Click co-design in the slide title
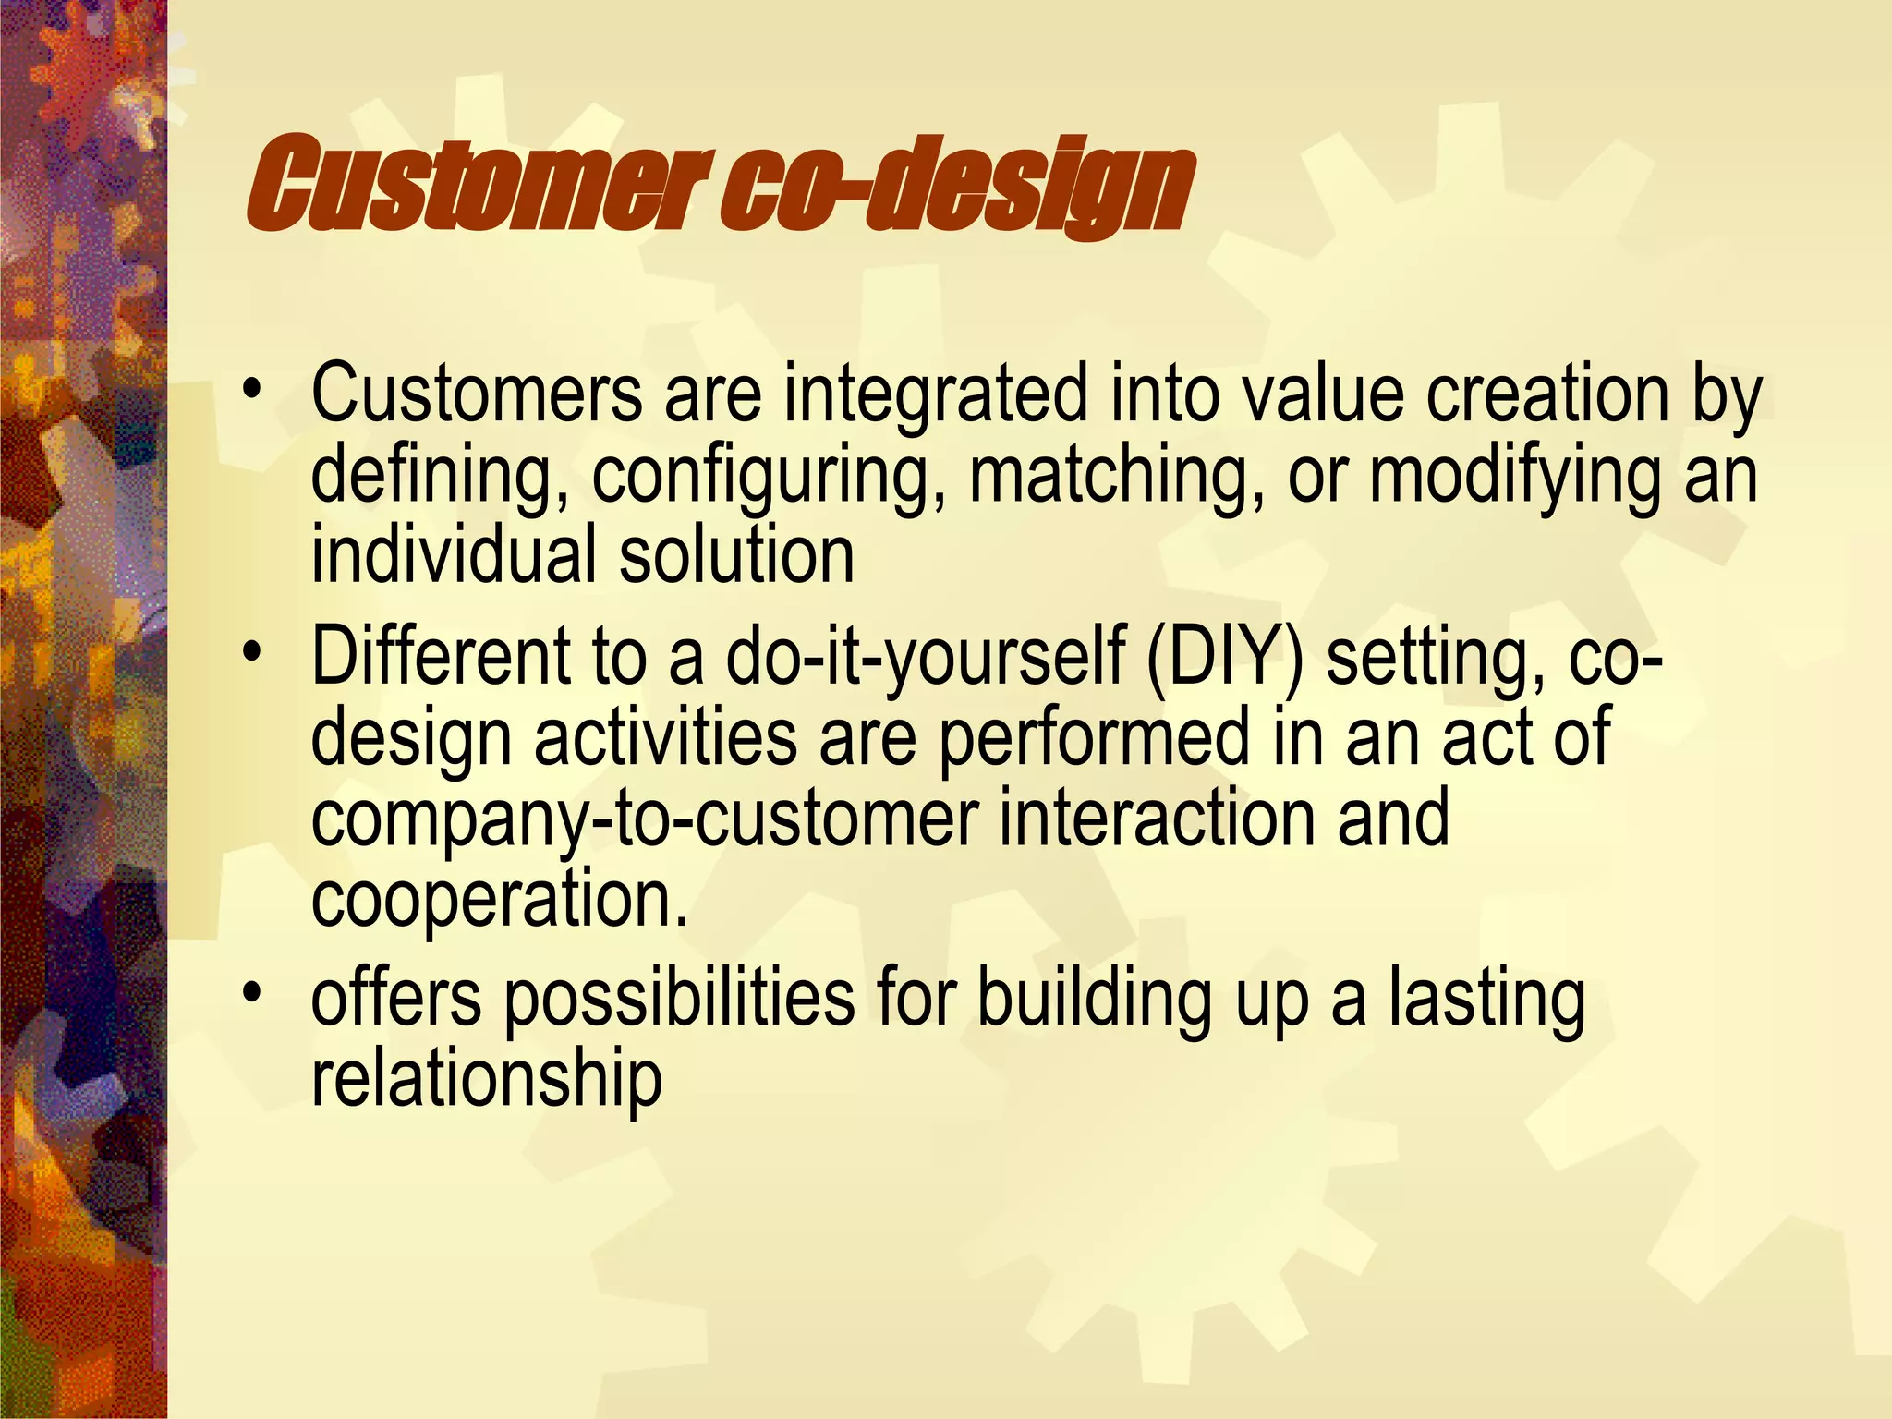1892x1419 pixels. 956,185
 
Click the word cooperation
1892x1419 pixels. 499,900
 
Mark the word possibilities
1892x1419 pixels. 679,1000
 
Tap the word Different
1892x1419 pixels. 441,656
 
